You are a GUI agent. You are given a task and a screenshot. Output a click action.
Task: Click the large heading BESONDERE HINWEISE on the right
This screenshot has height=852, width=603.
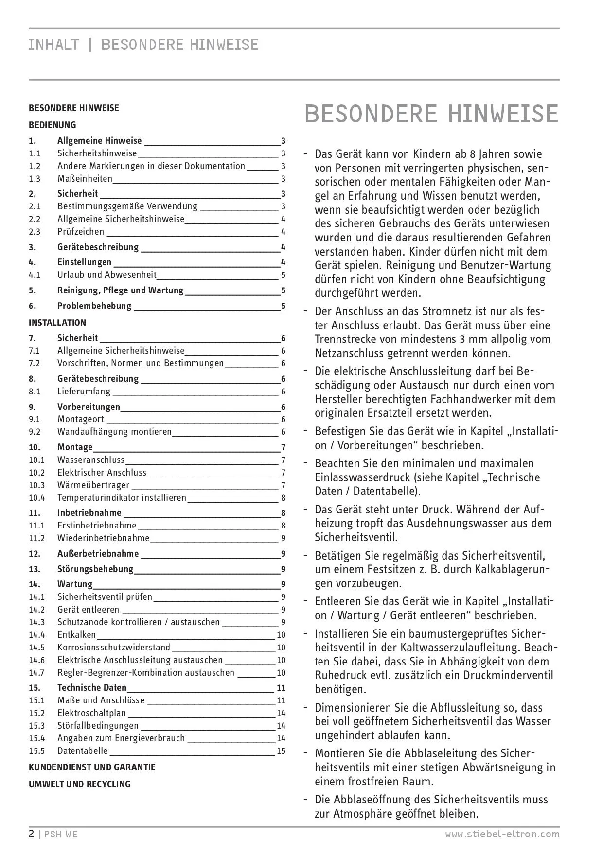[431, 114]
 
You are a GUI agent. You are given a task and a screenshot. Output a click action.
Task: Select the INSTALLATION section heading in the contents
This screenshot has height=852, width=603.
[57, 323]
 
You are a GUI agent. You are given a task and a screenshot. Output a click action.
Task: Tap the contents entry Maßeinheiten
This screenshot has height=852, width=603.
[85, 179]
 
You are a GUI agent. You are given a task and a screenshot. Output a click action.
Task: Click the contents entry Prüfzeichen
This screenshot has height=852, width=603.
[81, 232]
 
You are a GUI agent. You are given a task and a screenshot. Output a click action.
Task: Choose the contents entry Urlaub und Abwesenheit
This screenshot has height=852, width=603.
[107, 275]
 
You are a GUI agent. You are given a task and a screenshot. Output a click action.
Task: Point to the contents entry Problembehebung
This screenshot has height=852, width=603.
[94, 306]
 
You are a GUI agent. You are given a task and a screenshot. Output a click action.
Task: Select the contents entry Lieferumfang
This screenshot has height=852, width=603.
[84, 392]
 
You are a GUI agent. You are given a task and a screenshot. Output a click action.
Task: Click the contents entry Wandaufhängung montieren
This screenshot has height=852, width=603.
[114, 432]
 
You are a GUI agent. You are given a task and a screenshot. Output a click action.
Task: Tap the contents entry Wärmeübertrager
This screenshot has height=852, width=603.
[93, 485]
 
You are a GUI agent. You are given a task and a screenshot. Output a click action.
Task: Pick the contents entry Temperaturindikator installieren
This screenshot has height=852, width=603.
[122, 498]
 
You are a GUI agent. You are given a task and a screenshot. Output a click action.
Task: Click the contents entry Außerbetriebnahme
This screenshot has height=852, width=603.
[98, 554]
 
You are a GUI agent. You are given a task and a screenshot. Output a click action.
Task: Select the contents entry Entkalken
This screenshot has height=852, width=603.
[76, 635]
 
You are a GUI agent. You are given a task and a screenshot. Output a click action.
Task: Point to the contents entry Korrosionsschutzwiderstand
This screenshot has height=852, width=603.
[114, 648]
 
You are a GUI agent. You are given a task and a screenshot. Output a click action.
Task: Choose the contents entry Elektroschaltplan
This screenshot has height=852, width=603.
[91, 713]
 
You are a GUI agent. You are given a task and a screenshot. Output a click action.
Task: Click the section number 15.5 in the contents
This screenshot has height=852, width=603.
[36, 751]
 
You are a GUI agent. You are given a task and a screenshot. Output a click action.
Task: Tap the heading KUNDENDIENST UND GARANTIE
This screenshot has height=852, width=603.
[92, 767]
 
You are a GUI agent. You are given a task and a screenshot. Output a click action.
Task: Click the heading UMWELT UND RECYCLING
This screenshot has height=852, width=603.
[80, 784]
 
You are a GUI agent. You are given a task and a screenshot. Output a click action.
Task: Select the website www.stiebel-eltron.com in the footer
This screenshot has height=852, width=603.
[502, 835]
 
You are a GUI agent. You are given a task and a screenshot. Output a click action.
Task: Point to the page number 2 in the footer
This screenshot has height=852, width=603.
[32, 835]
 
